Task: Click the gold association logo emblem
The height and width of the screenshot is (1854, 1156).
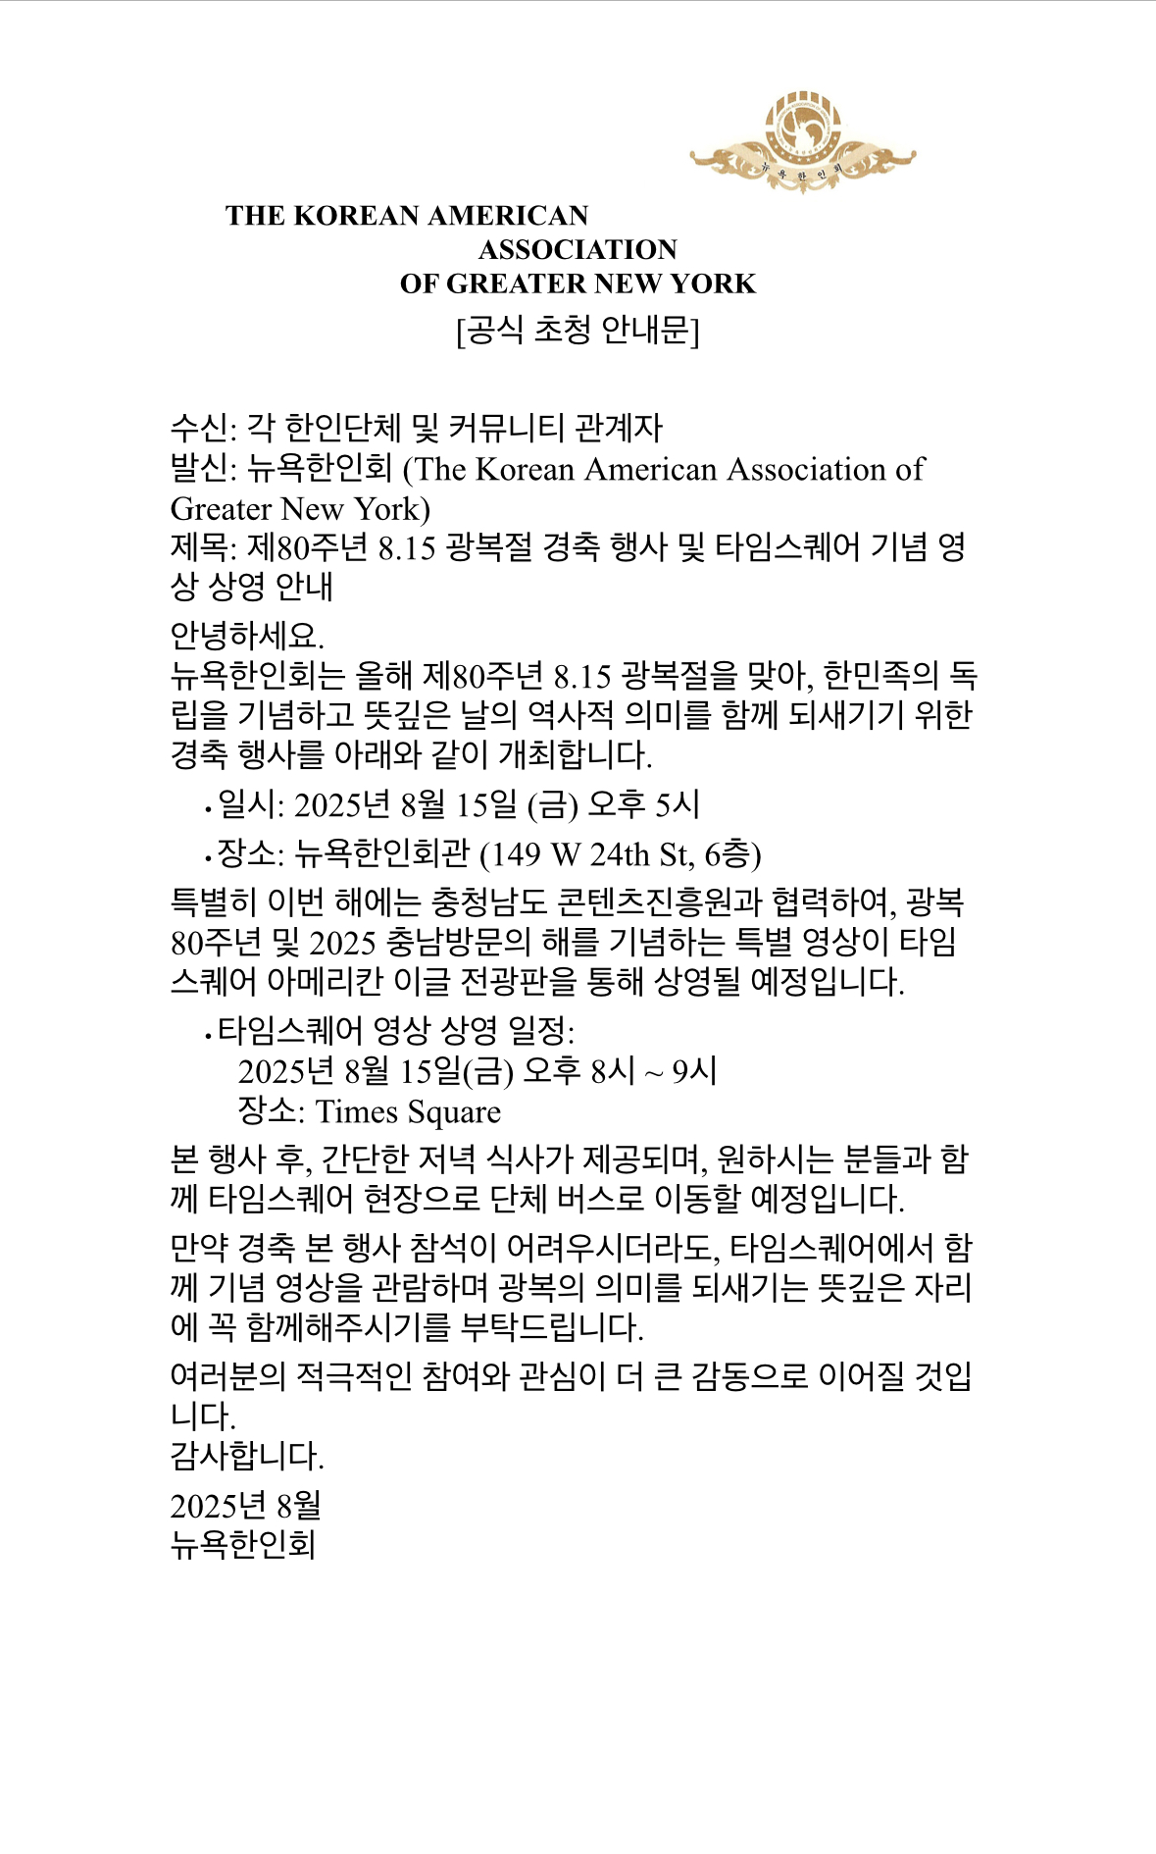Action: (x=802, y=140)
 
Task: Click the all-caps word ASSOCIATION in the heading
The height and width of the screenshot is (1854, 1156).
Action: (x=578, y=249)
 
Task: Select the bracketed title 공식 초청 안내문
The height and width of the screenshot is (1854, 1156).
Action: (x=578, y=330)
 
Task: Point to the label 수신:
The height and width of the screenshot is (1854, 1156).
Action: (x=204, y=428)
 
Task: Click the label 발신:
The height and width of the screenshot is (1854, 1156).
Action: (x=204, y=469)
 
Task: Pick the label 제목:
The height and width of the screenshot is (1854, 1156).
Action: (x=204, y=546)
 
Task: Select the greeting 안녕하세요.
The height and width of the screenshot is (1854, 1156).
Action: (x=247, y=636)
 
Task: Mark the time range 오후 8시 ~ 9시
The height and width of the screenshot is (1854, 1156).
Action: (x=620, y=1070)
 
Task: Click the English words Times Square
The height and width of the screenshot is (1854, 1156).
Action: (x=408, y=1111)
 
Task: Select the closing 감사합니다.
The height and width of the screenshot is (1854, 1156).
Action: (x=247, y=1456)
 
